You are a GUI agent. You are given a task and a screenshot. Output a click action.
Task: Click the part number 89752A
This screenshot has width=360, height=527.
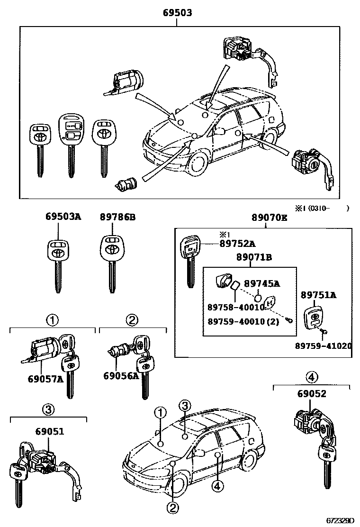click(237, 244)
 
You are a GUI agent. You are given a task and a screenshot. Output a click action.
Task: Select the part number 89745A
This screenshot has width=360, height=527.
click(262, 283)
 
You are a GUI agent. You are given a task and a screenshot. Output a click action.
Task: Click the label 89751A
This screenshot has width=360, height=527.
click(318, 295)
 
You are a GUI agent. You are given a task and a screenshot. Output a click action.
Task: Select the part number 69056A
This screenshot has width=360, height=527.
click(121, 375)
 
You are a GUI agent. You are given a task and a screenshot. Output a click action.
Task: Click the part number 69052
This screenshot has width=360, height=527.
click(312, 393)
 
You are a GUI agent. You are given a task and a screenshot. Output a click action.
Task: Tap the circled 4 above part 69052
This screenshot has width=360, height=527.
click(311, 377)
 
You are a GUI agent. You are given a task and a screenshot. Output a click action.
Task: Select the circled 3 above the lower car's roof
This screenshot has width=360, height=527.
click(185, 405)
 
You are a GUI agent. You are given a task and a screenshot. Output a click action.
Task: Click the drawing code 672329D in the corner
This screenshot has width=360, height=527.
click(339, 520)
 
